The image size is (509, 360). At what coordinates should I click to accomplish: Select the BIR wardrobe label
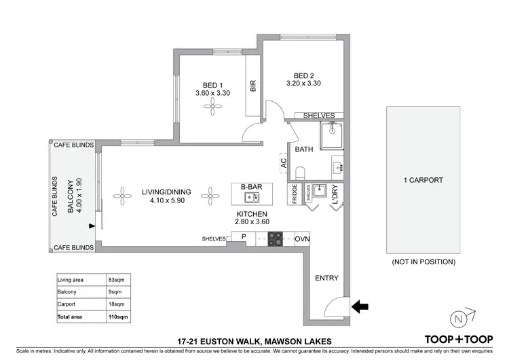click(x=253, y=86)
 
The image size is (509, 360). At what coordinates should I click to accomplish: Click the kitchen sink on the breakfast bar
click(x=251, y=198)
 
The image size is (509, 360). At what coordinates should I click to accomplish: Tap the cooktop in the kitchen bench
click(x=276, y=238)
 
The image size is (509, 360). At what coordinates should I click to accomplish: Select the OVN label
click(x=303, y=239)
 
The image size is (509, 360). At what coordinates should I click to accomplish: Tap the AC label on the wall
click(x=284, y=163)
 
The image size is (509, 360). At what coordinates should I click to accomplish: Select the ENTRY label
click(x=326, y=278)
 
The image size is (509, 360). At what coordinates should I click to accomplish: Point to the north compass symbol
click(x=461, y=317)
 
